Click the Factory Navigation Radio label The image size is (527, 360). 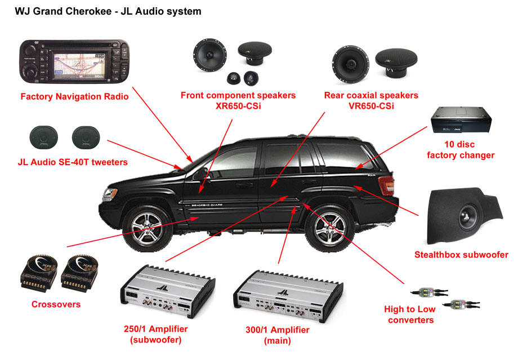(74, 96)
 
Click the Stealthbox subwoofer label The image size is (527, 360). (461, 255)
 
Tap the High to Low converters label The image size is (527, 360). (409, 314)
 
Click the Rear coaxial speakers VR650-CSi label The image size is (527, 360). (371, 100)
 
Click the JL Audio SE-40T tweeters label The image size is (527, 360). (73, 162)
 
